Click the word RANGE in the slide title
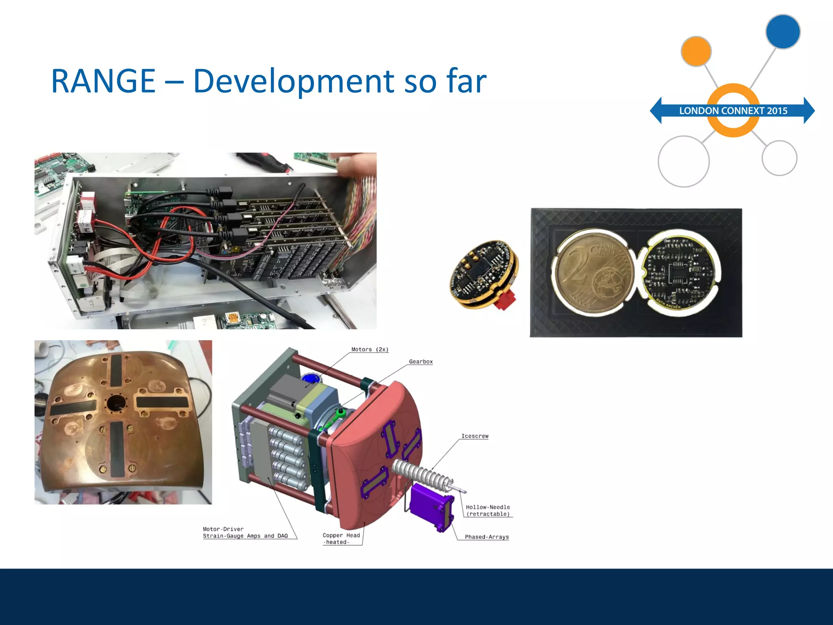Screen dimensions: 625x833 (103, 81)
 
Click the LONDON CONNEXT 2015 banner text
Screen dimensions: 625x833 (733, 111)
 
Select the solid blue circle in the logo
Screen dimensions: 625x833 (783, 32)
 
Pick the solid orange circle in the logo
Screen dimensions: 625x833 (696, 51)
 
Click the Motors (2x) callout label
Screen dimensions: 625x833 (370, 350)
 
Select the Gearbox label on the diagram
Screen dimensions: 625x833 (421, 362)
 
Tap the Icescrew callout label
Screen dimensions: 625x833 (475, 436)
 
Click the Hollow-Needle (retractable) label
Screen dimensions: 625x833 (488, 511)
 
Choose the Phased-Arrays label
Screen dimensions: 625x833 (486, 537)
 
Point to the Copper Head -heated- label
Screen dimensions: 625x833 (341, 539)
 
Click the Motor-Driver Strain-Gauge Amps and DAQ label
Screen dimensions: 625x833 (245, 533)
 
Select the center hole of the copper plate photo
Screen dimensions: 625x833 (116, 403)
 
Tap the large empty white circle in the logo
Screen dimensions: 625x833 (683, 162)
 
